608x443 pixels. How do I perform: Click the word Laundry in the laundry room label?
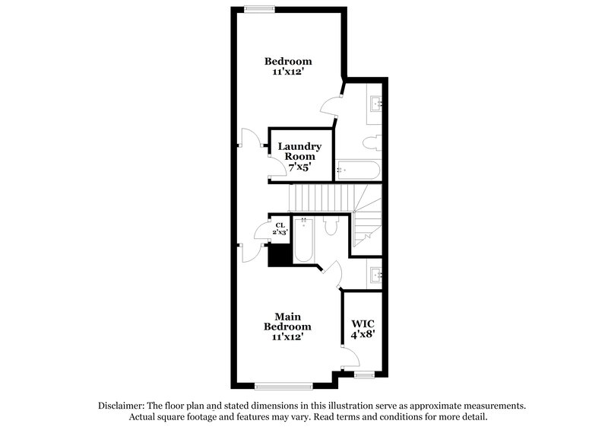coord(299,146)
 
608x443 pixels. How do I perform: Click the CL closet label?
coord(280,225)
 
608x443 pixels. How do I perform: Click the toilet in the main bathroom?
coord(331,227)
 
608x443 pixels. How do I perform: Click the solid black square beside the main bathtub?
coord(280,256)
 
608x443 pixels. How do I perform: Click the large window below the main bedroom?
coord(283,386)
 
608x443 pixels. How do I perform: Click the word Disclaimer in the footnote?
coord(123,406)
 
